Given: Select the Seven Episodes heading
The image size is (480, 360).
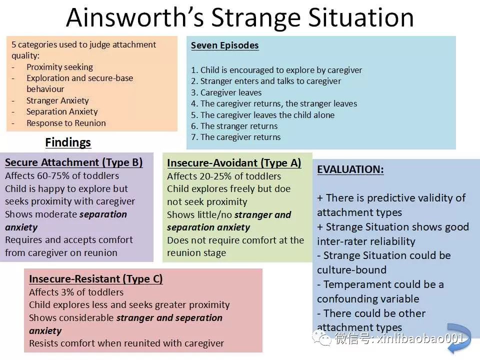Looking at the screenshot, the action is pyautogui.click(x=224, y=45).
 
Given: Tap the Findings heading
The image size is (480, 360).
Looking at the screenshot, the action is pyautogui.click(x=68, y=142).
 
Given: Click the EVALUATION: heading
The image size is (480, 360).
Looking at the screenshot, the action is pyautogui.click(x=350, y=169).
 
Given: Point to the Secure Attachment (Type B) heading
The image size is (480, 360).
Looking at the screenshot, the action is pyautogui.click(x=74, y=162).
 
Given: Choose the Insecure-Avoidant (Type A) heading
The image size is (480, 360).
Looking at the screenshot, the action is pyautogui.click(x=234, y=163).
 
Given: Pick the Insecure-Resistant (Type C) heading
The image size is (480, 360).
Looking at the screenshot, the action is pyautogui.click(x=96, y=279).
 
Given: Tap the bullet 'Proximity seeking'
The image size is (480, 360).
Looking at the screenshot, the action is pyautogui.click(x=59, y=67).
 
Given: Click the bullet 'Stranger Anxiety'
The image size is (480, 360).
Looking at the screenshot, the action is pyautogui.click(x=57, y=100).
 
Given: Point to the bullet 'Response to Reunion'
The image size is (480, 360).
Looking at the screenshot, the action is pyautogui.click(x=66, y=123).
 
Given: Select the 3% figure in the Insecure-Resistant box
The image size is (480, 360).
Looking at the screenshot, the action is pyautogui.click(x=67, y=292).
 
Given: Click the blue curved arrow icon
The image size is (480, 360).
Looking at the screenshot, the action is pyautogui.click(x=459, y=338).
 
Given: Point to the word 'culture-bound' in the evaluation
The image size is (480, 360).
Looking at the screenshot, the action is pyautogui.click(x=351, y=270).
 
